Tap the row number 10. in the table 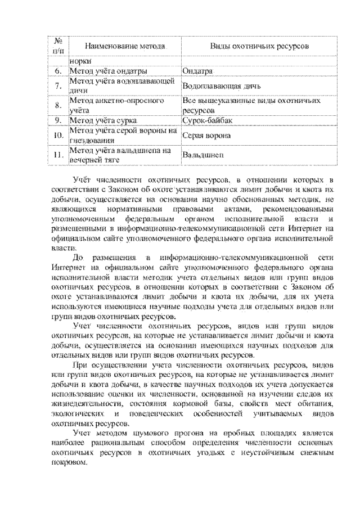point(58,135)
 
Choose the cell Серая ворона point(207,135)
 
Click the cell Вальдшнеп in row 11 point(203,155)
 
